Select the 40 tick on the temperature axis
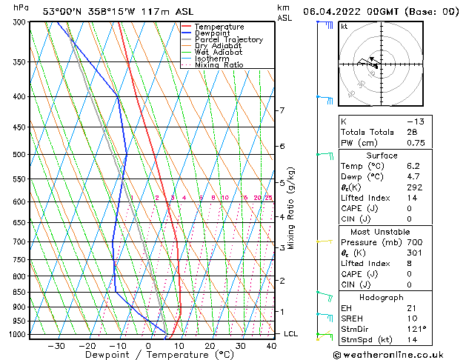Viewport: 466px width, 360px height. (270, 345)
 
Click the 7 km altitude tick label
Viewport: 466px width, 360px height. (282, 110)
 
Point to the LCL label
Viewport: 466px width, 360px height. (291, 334)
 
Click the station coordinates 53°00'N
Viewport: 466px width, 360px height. (61, 11)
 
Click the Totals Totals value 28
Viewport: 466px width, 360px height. (412, 132)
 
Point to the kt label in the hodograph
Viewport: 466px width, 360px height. (344, 27)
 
